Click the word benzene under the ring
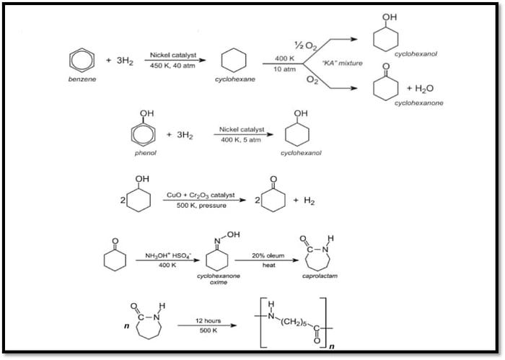click(x=82, y=79)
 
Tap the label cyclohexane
click(x=235, y=79)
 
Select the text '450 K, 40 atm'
click(x=172, y=66)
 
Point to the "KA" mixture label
click(x=343, y=63)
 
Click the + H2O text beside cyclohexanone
click(x=420, y=88)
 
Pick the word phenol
click(x=145, y=153)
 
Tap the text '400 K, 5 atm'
click(x=241, y=140)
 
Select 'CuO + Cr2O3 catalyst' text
click(x=201, y=195)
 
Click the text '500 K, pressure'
click(x=201, y=206)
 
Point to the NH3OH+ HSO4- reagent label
click(x=168, y=255)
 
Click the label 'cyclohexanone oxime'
click(x=219, y=279)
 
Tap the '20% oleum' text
click(x=268, y=255)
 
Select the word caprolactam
click(x=320, y=276)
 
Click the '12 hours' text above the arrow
click(x=208, y=321)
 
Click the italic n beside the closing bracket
click(x=332, y=346)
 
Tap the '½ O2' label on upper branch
click(x=306, y=45)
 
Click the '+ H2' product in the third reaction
click(x=304, y=201)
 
